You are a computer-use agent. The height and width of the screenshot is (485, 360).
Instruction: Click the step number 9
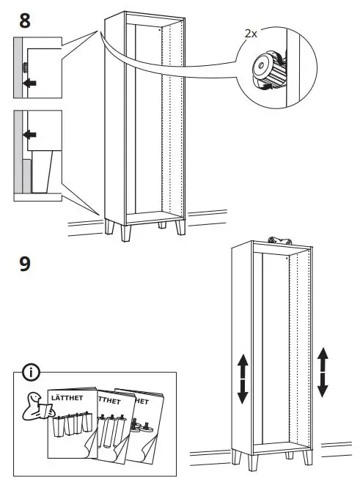coord(24,263)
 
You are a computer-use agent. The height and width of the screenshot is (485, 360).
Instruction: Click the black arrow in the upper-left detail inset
coord(30,84)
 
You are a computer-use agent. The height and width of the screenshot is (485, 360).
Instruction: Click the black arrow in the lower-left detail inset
coord(30,135)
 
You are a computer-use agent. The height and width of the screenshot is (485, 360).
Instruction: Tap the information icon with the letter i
coord(30,373)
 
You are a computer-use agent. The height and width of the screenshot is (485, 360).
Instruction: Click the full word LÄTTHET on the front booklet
coord(66,398)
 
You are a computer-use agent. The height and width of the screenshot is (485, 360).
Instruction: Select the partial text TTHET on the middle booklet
coord(109,401)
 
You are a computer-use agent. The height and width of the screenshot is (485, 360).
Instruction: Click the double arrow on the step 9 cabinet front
coord(243,380)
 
